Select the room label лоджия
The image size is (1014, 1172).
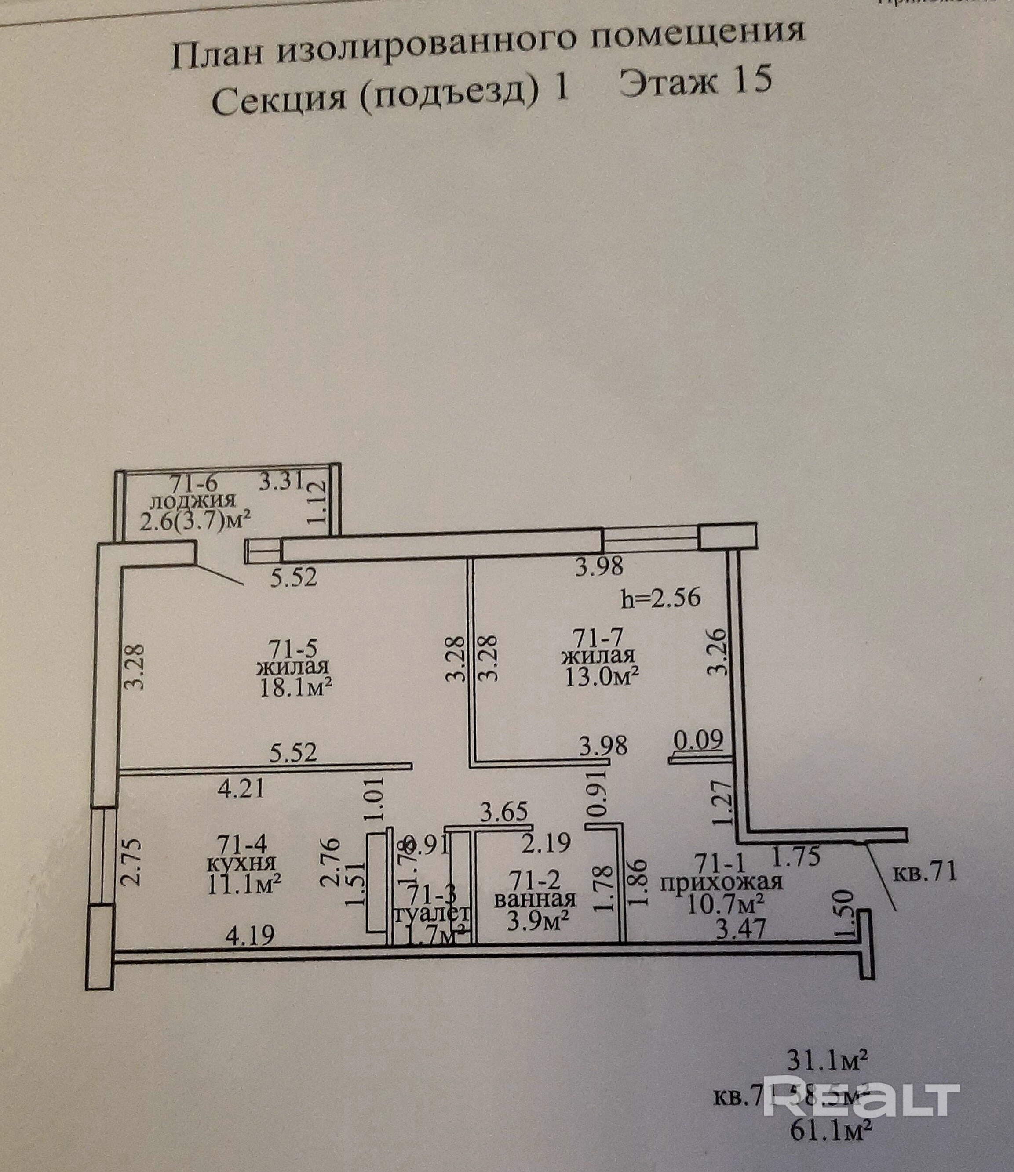click(x=193, y=501)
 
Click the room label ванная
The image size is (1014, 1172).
click(x=535, y=899)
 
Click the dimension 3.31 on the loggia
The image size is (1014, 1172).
click(x=282, y=481)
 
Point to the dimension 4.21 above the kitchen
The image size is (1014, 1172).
click(x=241, y=788)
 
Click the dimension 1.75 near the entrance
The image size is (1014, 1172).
click(x=796, y=857)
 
